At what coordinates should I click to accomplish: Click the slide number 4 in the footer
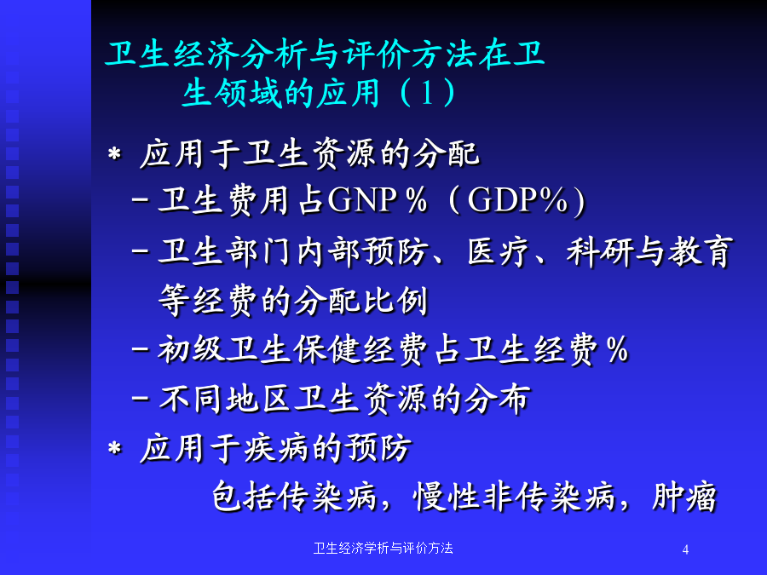point(685,549)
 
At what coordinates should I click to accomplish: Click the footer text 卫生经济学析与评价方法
point(383,548)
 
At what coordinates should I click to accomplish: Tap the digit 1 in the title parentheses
point(427,92)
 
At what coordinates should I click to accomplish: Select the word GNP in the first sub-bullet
point(362,200)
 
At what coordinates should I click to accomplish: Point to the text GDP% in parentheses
point(517,200)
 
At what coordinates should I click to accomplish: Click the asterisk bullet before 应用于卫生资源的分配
point(114,154)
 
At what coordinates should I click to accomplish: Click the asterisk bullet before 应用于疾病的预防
point(114,448)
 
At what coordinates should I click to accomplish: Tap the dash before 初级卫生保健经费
point(141,349)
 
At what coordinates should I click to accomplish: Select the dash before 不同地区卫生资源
point(141,398)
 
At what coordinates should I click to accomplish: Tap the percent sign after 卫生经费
point(617,349)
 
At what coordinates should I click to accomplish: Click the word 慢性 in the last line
point(446,497)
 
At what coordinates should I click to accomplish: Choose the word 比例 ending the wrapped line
point(395,300)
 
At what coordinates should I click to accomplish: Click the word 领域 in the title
point(249,92)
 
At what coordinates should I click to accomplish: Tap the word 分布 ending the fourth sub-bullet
point(497,399)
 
